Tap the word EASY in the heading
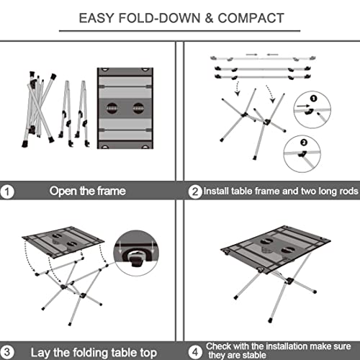[x=95, y=17]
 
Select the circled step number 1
[x=9, y=192]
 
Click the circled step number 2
[x=194, y=192]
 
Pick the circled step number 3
[x=9, y=351]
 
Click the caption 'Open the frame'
[x=87, y=192]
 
